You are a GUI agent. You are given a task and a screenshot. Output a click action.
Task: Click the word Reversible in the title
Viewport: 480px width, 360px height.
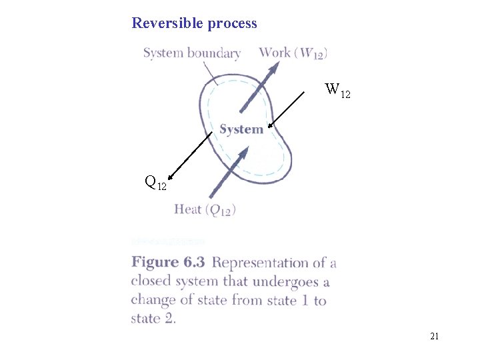[x=167, y=23]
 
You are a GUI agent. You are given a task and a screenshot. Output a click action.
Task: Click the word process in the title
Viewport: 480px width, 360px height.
[x=231, y=24]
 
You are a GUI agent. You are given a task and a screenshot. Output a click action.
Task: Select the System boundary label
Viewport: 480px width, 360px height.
[x=192, y=53]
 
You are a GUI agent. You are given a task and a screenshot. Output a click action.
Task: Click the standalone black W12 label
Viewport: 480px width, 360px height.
[x=337, y=89]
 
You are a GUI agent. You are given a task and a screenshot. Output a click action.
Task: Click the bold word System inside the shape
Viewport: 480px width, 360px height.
[x=241, y=129]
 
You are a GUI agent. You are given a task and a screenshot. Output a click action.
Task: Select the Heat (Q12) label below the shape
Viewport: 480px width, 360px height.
[x=205, y=209]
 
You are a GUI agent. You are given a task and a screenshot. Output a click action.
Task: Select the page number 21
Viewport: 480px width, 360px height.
[x=434, y=337]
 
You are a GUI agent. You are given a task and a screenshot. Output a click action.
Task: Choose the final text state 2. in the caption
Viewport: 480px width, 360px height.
[x=153, y=319]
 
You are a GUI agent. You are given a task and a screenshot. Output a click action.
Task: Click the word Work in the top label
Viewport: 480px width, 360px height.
[x=274, y=53]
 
